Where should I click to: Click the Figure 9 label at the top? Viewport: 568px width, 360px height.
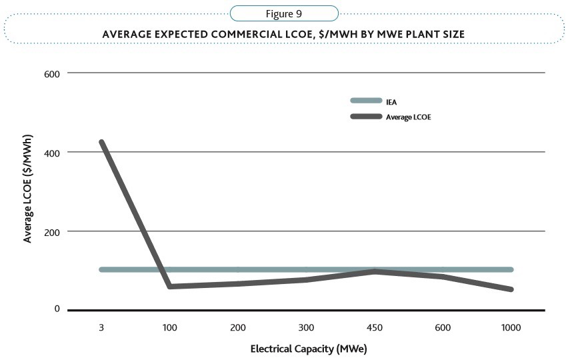tap(284, 13)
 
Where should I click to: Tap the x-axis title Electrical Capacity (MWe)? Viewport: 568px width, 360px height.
tap(309, 349)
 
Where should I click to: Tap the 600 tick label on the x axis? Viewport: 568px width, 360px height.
tap(444, 328)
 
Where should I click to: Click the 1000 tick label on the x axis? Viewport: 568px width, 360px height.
tap(511, 328)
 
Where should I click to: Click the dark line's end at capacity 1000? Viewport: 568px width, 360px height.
tap(511, 289)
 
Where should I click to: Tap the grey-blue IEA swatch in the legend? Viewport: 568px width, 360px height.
tap(366, 101)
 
